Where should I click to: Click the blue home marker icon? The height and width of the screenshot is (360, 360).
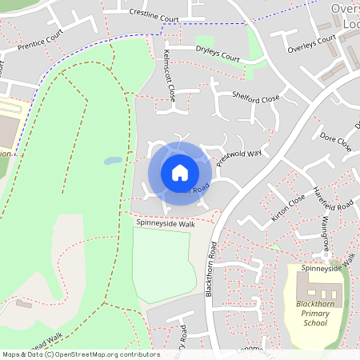[x=179, y=173]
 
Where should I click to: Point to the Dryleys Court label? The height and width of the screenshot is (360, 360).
[x=218, y=53]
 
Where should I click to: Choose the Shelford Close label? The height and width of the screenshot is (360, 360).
[x=256, y=98]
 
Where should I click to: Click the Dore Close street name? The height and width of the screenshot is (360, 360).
[x=336, y=142]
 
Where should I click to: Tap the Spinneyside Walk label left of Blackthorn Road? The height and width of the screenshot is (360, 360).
[x=166, y=225]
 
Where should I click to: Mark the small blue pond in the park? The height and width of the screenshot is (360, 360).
[x=113, y=160]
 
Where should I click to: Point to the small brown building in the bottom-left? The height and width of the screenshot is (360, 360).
[x=23, y=304]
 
